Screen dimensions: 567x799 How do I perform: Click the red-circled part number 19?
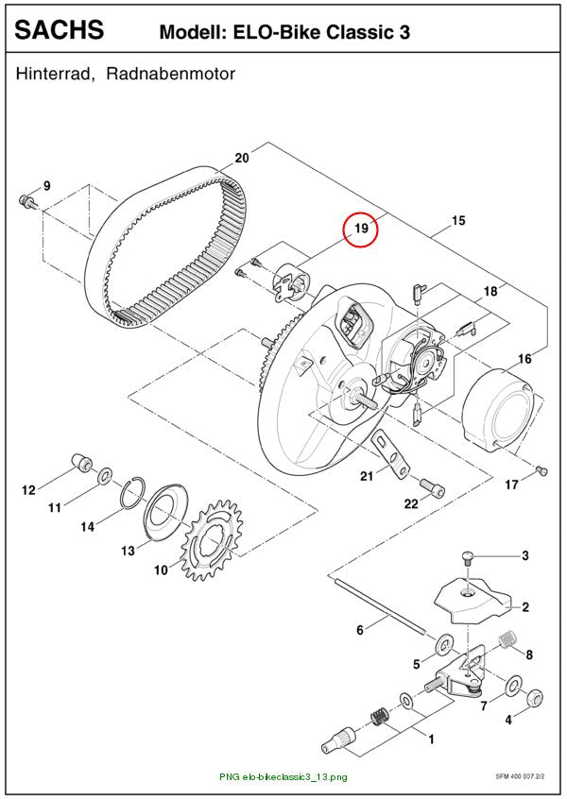click(361, 228)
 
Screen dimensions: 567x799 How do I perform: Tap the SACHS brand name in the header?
click(60, 29)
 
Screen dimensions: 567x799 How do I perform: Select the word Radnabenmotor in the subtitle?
click(171, 74)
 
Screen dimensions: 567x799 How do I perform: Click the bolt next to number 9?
click(27, 201)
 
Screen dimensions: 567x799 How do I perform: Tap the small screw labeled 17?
click(541, 471)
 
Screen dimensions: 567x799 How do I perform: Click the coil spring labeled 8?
click(507, 639)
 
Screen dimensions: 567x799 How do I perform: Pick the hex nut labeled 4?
click(534, 697)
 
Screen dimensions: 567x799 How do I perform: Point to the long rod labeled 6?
click(380, 605)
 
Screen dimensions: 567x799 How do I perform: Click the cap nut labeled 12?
click(81, 462)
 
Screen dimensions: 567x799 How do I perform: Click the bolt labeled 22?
click(433, 487)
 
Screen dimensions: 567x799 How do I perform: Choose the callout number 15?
click(458, 220)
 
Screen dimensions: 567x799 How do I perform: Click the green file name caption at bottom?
click(283, 777)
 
